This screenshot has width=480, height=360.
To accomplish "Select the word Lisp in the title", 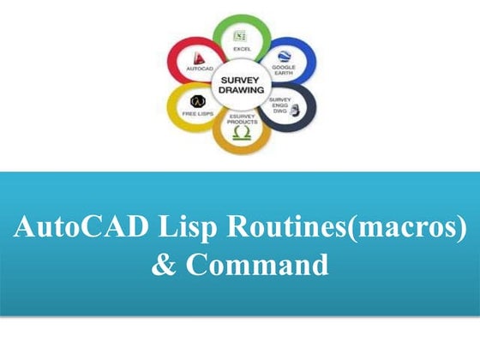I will tap(189, 229).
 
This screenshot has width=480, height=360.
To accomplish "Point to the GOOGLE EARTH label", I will tap(284, 70).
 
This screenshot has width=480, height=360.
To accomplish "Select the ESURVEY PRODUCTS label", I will tap(241, 119).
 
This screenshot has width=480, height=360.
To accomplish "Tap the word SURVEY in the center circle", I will tap(241, 79).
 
